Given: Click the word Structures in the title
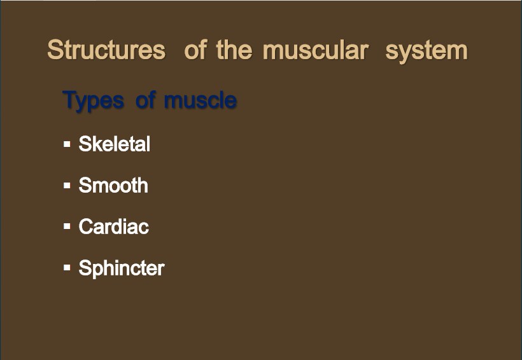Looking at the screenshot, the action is (106, 50).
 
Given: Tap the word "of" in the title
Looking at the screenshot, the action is (196, 50).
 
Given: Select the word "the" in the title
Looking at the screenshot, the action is (234, 50).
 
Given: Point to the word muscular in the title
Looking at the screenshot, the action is (316, 51).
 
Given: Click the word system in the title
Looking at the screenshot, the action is (427, 52).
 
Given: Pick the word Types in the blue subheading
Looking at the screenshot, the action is (93, 100).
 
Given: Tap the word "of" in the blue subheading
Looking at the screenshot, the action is (146, 99).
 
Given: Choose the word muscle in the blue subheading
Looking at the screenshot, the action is (201, 100).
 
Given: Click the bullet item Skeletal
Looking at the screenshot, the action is (114, 144).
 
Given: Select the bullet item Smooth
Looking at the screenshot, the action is (113, 185).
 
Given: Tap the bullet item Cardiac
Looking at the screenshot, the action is (113, 226).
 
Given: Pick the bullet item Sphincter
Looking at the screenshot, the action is (122, 268).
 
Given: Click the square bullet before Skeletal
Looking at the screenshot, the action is (67, 144).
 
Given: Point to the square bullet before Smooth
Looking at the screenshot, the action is (67, 185).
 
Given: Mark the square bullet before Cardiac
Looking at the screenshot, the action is (67, 226).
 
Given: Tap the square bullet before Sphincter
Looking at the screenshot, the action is (67, 268).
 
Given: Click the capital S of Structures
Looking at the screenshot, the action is (55, 50).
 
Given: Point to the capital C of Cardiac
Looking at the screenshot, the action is (85, 226).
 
